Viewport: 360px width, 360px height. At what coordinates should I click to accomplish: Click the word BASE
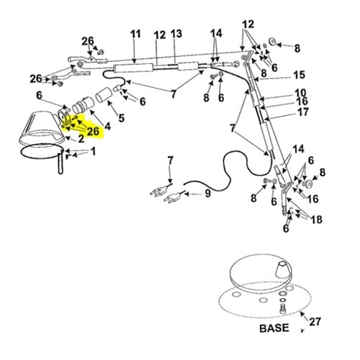coord(272,328)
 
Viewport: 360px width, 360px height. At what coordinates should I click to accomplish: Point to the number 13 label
coord(176,34)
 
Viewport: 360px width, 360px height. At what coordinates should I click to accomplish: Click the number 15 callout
coord(299,75)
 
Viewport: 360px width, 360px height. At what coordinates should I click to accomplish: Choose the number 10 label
coord(300,93)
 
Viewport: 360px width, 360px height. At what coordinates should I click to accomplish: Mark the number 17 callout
coord(303,112)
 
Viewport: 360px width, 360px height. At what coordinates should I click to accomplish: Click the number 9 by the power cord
coord(207,193)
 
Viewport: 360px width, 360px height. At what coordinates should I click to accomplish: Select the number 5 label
coord(120,118)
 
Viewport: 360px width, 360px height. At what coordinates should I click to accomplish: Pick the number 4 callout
coord(107,126)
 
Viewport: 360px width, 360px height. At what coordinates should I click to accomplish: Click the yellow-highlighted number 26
coord(93,131)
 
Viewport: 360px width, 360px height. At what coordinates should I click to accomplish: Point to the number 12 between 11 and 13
coord(159,34)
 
